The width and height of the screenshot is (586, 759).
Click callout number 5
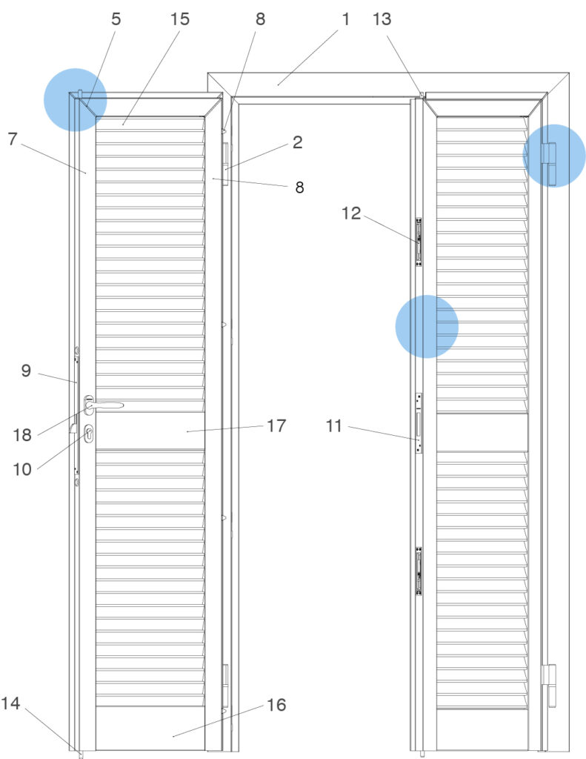(116, 19)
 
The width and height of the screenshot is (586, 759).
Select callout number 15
(179, 19)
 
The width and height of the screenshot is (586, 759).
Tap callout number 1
(345, 19)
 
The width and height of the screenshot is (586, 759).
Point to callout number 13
(382, 19)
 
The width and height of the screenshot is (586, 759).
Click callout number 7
(13, 139)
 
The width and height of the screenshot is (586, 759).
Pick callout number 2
(298, 142)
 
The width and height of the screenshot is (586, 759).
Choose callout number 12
(351, 213)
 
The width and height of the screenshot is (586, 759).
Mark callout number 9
(26, 371)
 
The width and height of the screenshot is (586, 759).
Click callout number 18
(22, 434)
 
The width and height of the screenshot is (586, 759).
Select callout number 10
(22, 468)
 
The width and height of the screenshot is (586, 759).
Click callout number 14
(10, 703)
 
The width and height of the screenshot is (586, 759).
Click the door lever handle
(104, 405)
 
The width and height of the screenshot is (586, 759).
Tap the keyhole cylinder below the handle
(89, 434)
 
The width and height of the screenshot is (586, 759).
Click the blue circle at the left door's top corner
(75, 100)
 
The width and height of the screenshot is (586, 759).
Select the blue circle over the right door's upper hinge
(554, 156)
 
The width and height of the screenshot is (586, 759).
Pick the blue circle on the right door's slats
(427, 327)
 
